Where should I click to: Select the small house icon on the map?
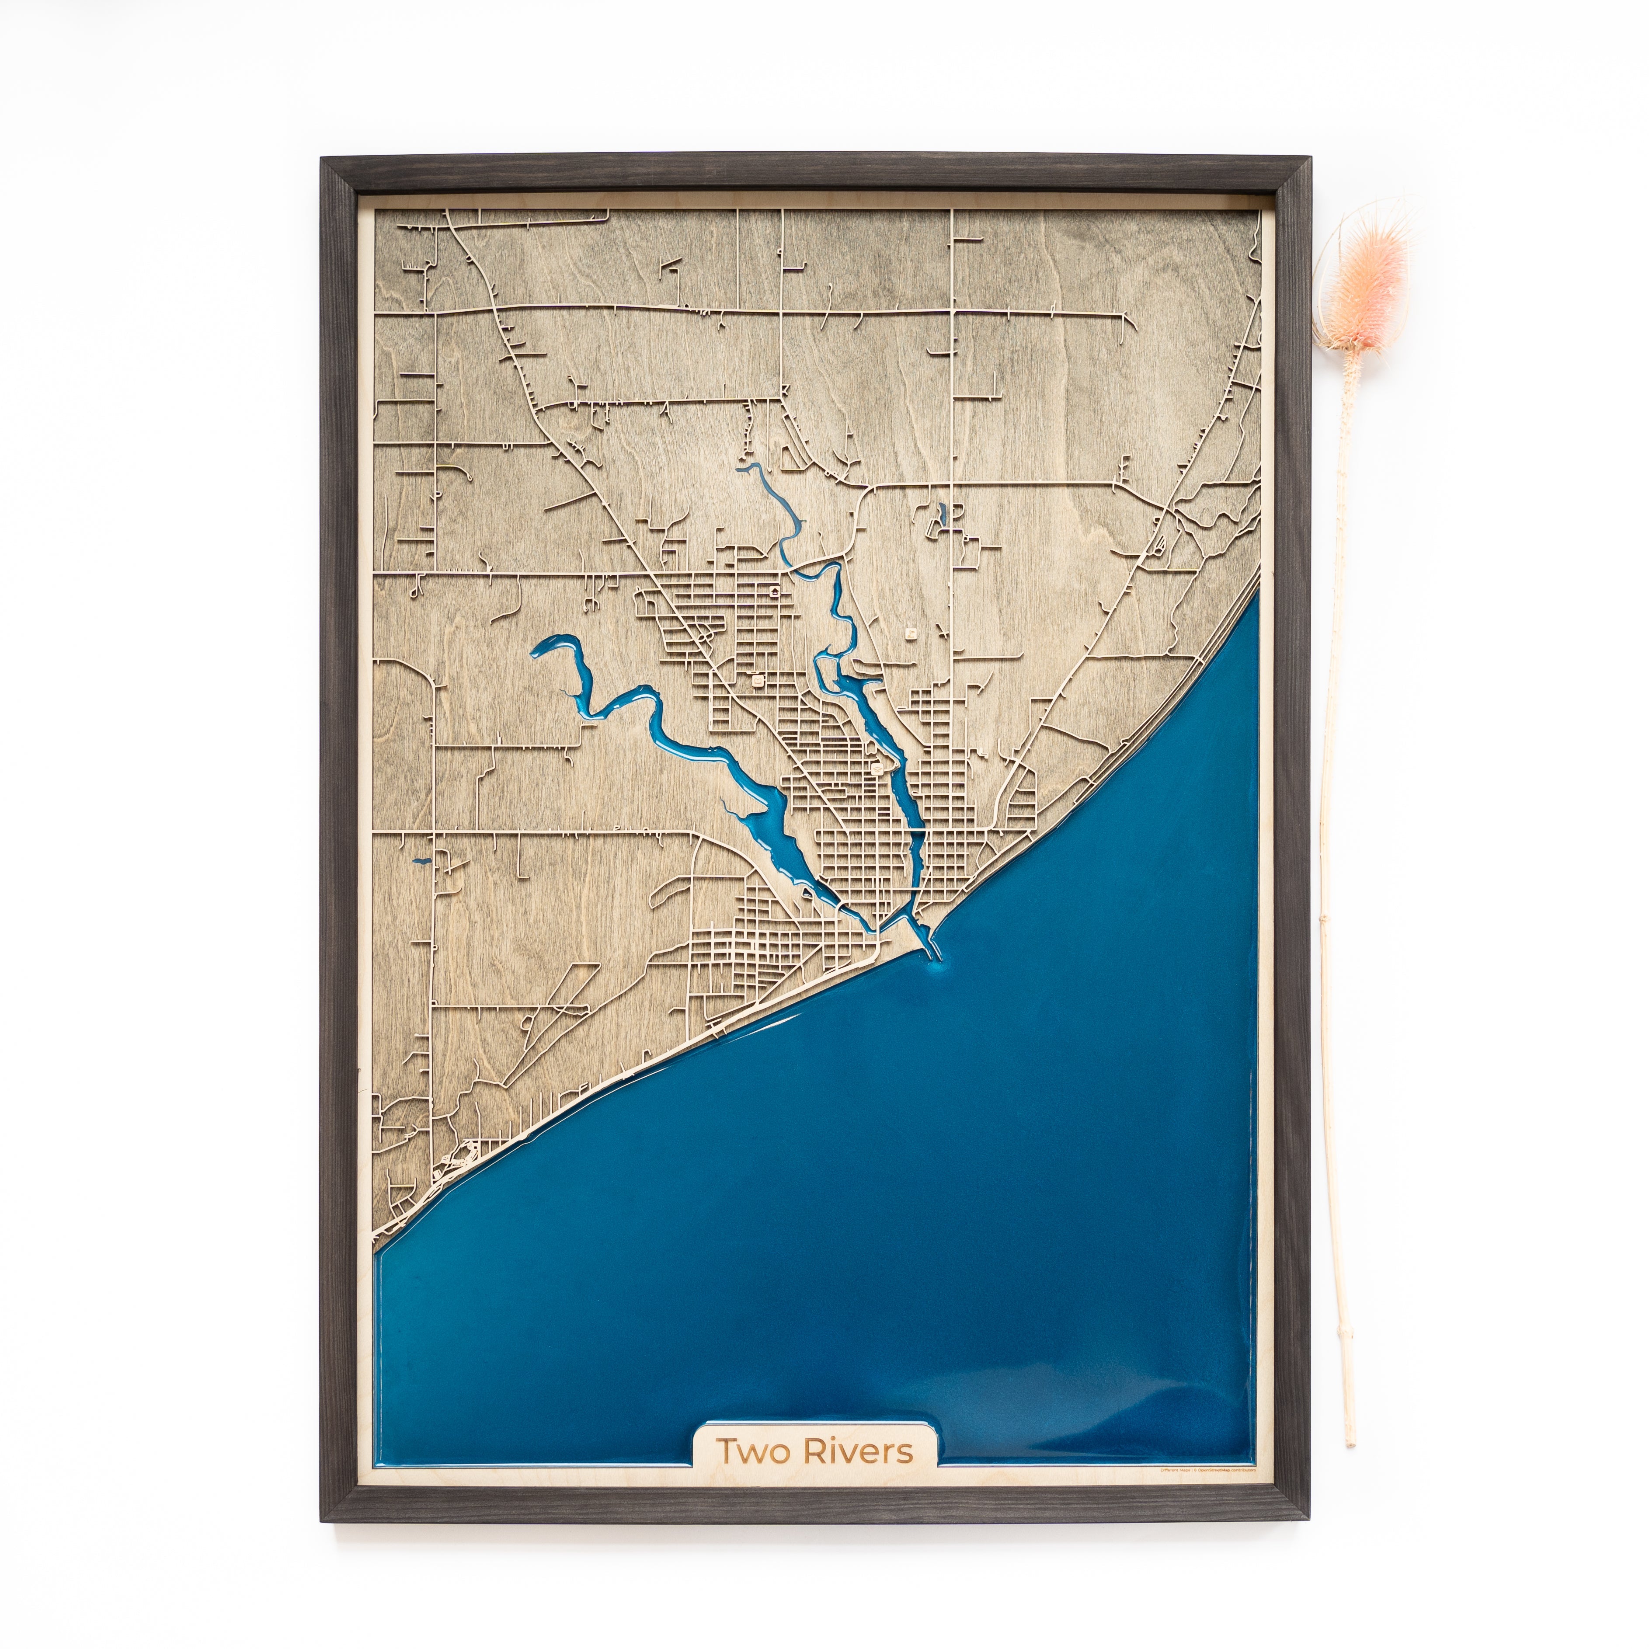[774, 590]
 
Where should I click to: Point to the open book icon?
[757, 681]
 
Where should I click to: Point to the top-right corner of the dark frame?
[1308, 159]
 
